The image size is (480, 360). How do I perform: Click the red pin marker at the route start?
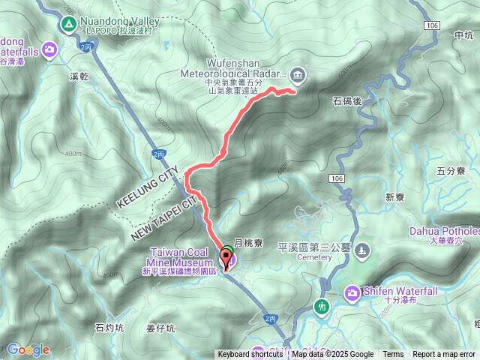pos(226,259)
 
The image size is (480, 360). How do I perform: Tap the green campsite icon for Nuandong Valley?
pos(69,24)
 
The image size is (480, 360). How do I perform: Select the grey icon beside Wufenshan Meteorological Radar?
pos(298,73)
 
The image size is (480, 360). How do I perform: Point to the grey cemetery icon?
pos(364,249)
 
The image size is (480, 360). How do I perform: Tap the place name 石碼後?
pos(346,99)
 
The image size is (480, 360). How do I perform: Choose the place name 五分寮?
pos(451,171)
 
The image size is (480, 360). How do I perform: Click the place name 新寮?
pos(395,197)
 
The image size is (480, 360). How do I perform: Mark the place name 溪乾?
pos(79,76)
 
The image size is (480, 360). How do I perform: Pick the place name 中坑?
pos(465,34)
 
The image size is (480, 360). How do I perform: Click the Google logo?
pos(28,349)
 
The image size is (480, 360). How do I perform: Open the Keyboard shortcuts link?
pos(250,355)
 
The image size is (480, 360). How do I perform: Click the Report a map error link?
pos(443,355)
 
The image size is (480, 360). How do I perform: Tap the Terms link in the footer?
pos(393,355)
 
